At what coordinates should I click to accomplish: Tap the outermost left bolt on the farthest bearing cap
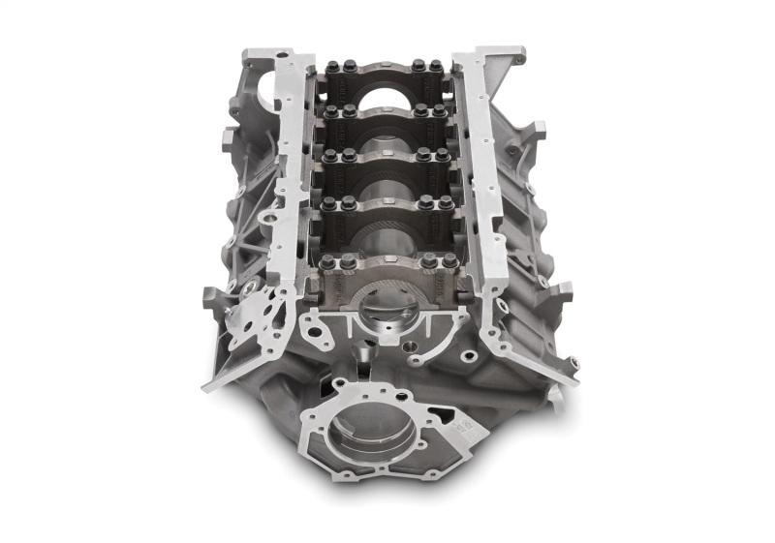pyautogui.click(x=333, y=67)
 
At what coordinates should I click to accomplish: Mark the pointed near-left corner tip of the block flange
pyautogui.click(x=205, y=387)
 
